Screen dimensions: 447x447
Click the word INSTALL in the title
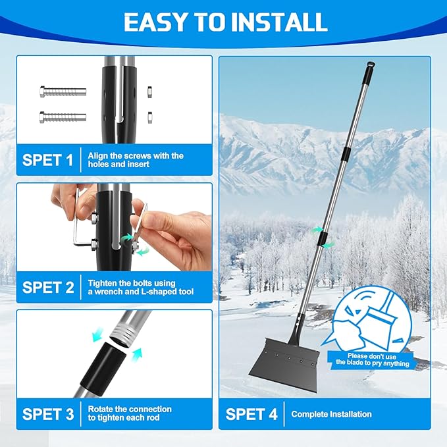tap(279, 22)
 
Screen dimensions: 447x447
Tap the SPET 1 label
tap(47, 159)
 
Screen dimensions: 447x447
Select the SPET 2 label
tap(48, 287)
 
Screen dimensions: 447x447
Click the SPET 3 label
tap(48, 414)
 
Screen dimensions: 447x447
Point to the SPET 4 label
tap(251, 414)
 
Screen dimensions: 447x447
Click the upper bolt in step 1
tap(63, 92)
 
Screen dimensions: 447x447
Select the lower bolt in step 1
tap(63, 117)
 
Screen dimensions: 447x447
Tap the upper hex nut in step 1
tap(149, 92)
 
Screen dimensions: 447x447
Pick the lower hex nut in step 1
tap(149, 117)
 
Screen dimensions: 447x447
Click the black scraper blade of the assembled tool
tap(284, 360)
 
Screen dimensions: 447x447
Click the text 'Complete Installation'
tap(331, 414)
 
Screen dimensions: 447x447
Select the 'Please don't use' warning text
tap(372, 356)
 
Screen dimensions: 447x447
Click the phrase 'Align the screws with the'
tap(136, 155)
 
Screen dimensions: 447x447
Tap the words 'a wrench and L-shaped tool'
tap(141, 292)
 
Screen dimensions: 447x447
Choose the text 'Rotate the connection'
tap(130, 409)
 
